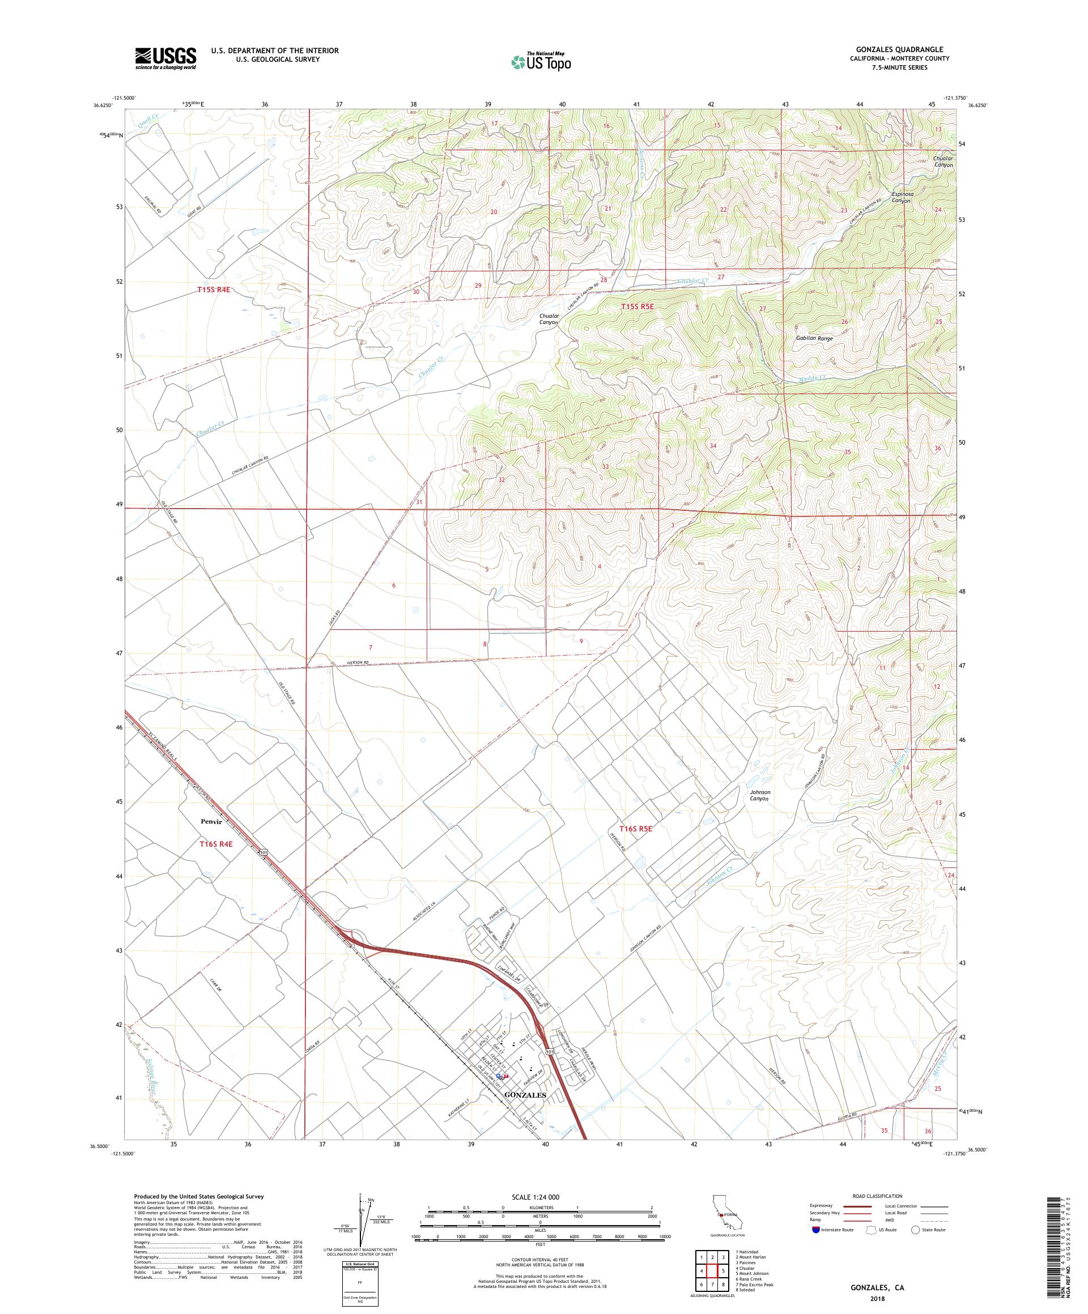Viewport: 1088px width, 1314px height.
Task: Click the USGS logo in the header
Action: coord(165,59)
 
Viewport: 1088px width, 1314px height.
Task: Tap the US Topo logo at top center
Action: coord(542,61)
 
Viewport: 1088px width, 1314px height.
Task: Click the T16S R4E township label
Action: coord(216,844)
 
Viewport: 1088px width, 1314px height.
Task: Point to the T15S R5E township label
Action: coord(637,306)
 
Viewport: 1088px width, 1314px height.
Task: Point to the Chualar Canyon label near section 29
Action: coord(549,320)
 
